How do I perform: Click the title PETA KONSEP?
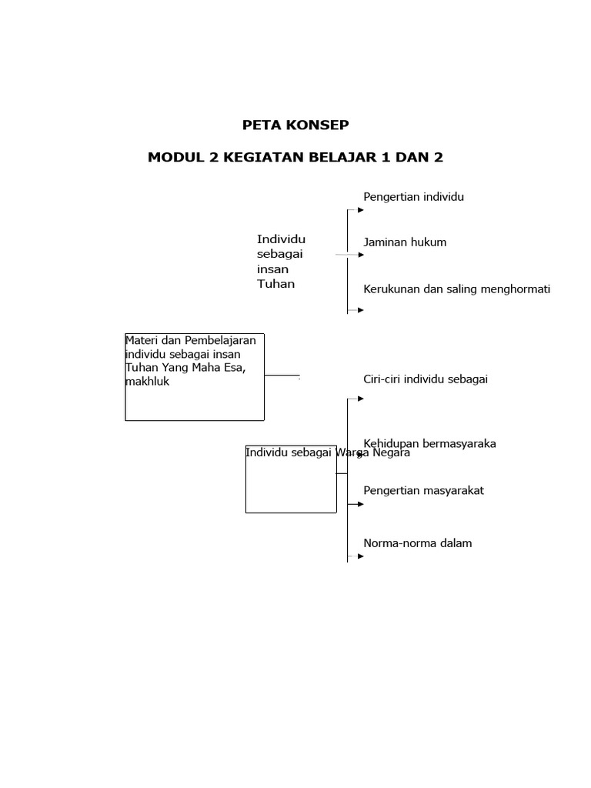click(x=295, y=125)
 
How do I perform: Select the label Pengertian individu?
click(x=413, y=197)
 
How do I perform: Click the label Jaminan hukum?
click(x=405, y=242)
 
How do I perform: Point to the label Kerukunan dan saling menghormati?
click(x=456, y=289)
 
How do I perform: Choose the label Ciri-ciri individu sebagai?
click(x=426, y=379)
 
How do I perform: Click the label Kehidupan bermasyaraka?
click(x=429, y=443)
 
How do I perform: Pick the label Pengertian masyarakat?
click(x=423, y=491)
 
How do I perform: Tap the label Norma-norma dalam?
click(x=417, y=543)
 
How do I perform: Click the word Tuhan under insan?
click(x=275, y=284)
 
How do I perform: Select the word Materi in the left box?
click(x=143, y=340)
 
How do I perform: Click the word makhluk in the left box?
click(x=147, y=382)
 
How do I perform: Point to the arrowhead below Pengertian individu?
click(x=360, y=209)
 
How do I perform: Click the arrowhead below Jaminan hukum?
click(x=360, y=255)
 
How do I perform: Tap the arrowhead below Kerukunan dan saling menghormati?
click(x=360, y=310)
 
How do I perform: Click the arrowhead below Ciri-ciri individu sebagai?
click(x=360, y=399)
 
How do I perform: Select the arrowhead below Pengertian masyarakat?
click(x=360, y=504)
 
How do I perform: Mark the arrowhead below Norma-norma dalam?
click(x=360, y=556)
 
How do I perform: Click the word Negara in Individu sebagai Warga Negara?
click(x=391, y=453)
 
